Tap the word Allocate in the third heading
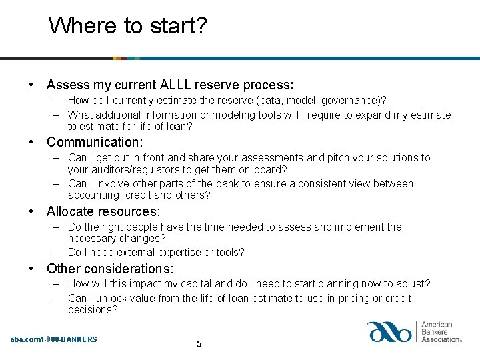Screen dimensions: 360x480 click(x=71, y=212)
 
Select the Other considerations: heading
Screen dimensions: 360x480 click(x=110, y=269)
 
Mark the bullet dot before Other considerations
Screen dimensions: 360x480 click(x=31, y=269)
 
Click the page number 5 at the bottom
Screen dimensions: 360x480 click(x=198, y=344)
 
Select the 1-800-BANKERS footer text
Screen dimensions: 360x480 click(x=69, y=339)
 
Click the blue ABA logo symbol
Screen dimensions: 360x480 click(x=390, y=332)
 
